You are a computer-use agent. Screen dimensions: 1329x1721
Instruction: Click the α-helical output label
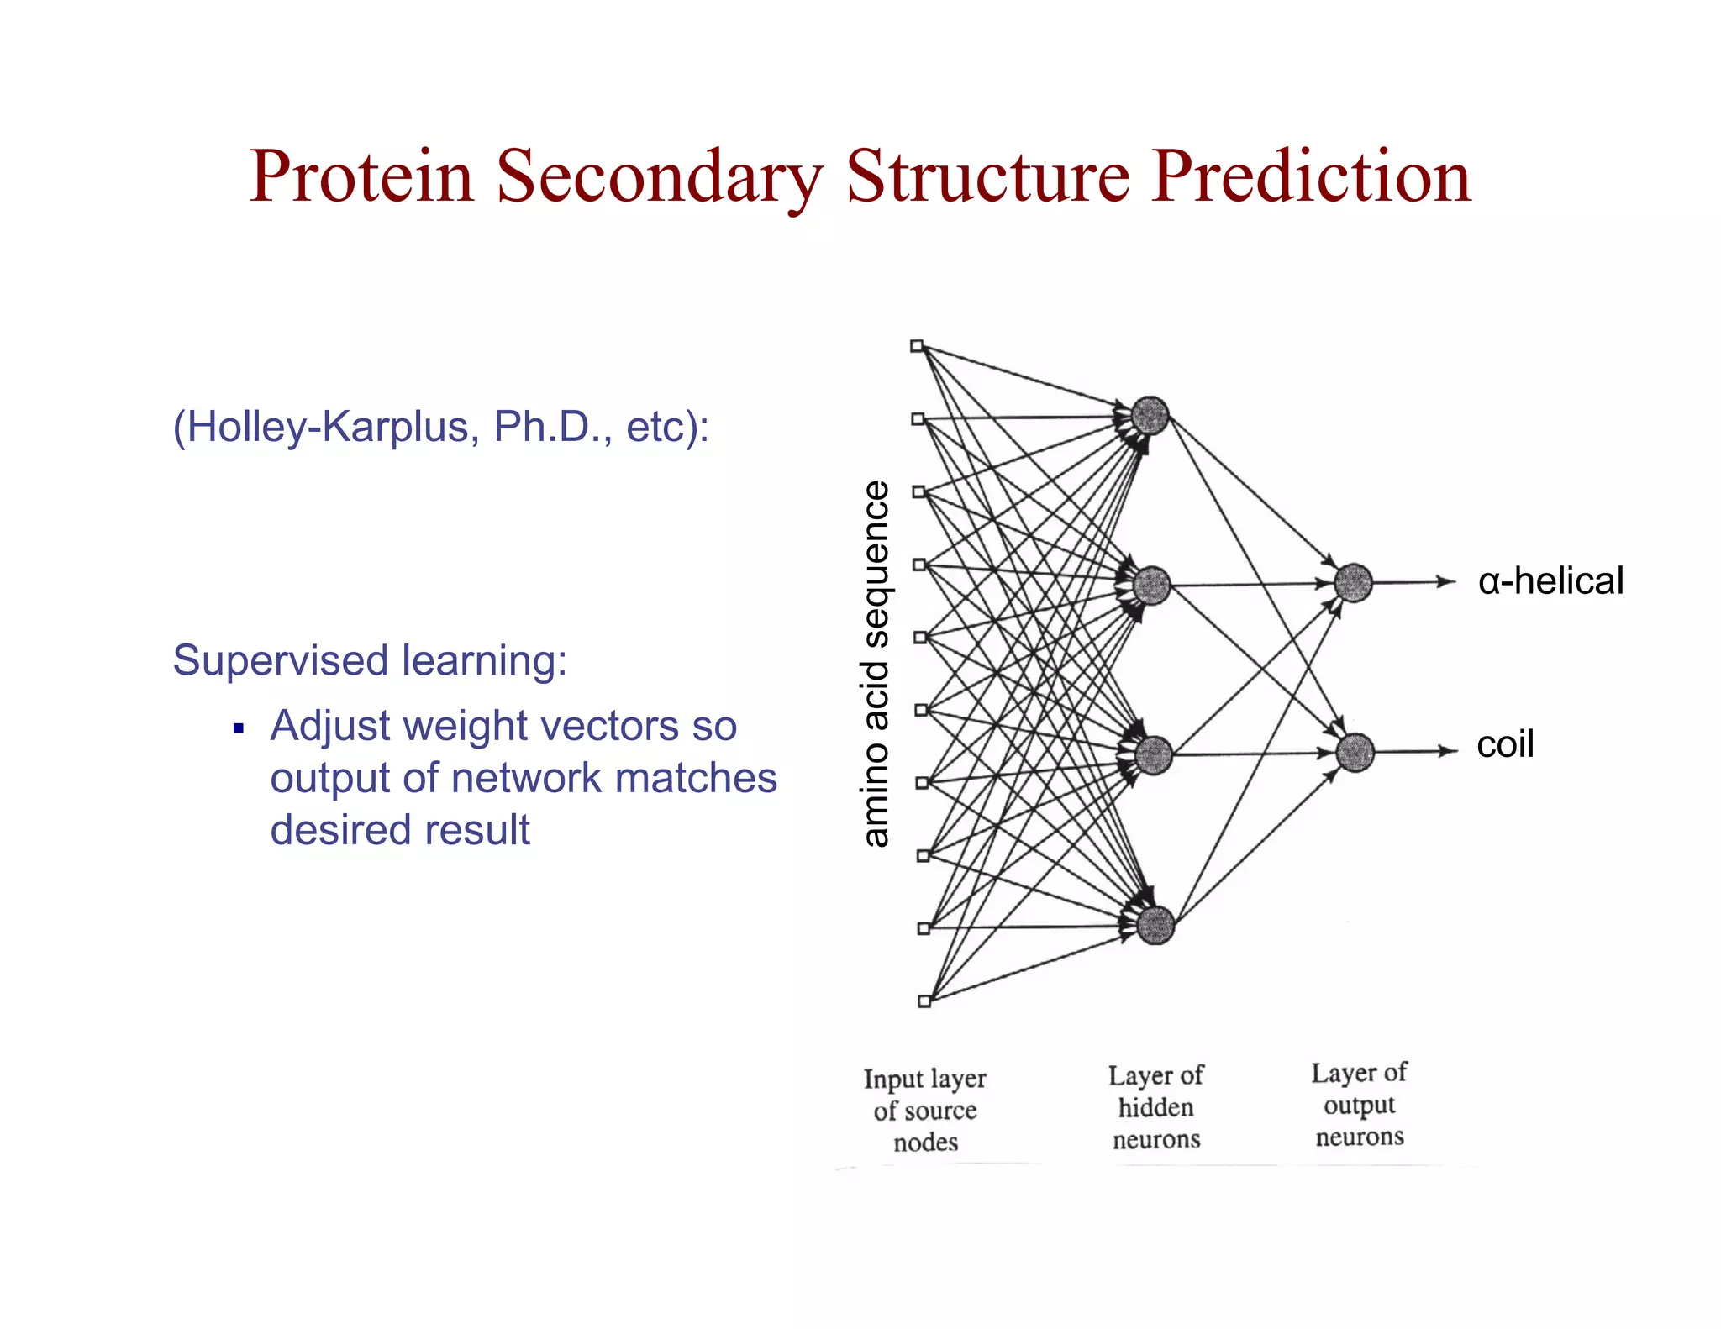coord(1550,581)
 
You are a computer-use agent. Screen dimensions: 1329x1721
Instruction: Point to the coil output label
coord(1505,744)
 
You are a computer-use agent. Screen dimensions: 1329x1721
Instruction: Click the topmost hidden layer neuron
coord(1150,416)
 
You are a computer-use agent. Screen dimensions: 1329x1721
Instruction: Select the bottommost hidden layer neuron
coord(1155,925)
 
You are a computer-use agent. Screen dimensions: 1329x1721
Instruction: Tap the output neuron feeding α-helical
coord(1353,583)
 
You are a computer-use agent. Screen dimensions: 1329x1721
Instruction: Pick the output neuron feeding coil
coord(1355,752)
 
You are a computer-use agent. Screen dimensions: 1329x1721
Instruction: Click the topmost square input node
coord(917,346)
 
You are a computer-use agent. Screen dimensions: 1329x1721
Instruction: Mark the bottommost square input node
coord(924,1001)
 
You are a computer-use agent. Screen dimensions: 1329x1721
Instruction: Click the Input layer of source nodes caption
coord(925,1110)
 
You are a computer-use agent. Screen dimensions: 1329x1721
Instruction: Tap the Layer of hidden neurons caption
coord(1156,1107)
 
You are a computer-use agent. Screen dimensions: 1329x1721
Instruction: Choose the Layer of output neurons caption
coord(1359,1105)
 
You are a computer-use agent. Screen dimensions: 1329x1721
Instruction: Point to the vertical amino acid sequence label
coord(876,664)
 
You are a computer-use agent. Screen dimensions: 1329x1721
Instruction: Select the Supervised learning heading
coord(370,660)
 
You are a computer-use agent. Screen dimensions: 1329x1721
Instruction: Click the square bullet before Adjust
coord(239,728)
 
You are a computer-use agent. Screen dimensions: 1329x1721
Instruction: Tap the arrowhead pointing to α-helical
coord(1447,581)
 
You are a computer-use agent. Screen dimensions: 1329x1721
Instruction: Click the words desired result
coord(400,830)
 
